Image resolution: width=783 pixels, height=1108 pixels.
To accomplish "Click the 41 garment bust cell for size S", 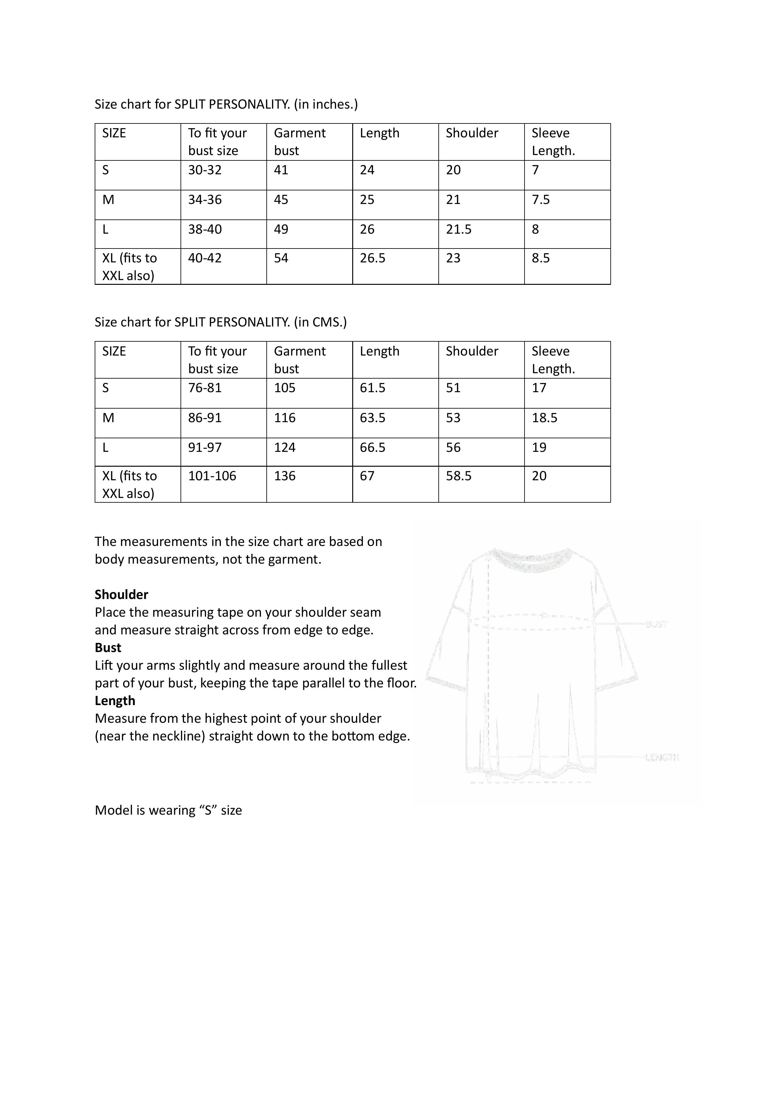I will point(281,170).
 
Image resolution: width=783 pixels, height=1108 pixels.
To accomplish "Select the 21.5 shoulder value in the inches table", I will point(458,230).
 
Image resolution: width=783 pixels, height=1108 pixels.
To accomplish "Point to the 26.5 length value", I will point(372,258).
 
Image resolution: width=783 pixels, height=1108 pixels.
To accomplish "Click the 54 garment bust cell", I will point(281,258).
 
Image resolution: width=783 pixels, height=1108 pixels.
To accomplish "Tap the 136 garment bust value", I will point(285,476).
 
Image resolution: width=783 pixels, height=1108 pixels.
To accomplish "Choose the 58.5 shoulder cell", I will point(458,476).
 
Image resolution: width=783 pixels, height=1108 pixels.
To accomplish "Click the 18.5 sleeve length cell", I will point(544,418).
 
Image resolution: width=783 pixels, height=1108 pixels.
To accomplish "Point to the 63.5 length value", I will point(372,418).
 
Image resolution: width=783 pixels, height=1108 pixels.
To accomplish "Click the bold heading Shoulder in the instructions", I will point(121,595).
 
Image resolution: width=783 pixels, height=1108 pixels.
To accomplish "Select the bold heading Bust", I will point(108,648).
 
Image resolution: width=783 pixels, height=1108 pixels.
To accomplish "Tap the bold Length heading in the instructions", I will point(115,701).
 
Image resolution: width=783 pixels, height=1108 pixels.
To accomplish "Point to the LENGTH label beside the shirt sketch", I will point(662,758).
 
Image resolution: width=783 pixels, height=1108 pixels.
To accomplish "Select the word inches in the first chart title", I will point(333,105).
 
